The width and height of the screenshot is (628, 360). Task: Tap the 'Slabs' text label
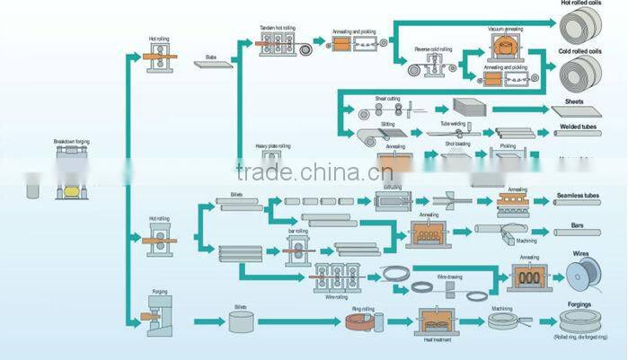(210, 57)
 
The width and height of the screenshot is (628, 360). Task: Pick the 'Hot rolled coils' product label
(579, 4)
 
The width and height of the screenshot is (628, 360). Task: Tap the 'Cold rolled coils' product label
(579, 52)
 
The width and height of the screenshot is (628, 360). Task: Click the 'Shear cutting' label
(387, 98)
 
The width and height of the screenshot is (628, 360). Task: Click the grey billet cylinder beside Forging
(241, 320)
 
